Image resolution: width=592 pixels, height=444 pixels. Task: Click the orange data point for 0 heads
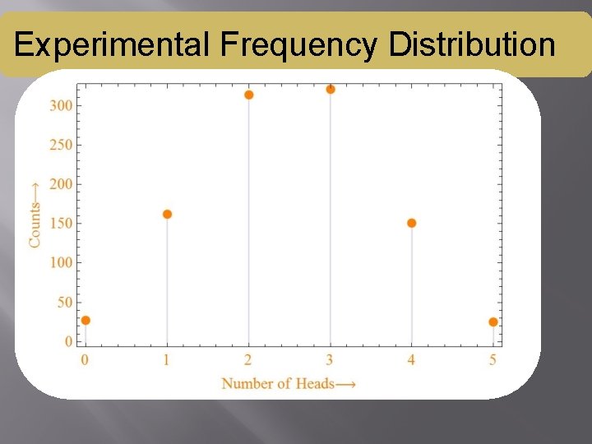coord(86,321)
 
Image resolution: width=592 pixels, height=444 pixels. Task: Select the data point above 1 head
coord(167,215)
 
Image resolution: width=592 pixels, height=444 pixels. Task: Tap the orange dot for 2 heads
coord(249,95)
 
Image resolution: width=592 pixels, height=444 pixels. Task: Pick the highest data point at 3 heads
coord(331,89)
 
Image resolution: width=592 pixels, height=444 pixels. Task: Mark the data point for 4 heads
coord(412,223)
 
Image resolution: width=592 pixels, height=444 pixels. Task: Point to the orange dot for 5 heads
coord(493,321)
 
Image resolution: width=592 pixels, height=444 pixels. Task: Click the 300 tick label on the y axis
coord(62,106)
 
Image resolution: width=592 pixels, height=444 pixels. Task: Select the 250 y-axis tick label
coord(62,146)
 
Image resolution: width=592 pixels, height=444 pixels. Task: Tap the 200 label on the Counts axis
coord(62,184)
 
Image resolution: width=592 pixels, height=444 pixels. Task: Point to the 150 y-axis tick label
coord(62,224)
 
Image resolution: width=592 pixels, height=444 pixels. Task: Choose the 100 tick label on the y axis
coord(62,263)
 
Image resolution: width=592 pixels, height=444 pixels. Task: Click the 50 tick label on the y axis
coord(64,303)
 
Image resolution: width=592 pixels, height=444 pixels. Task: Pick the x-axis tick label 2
coord(248,359)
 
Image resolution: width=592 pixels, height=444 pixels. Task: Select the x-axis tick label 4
coord(411,359)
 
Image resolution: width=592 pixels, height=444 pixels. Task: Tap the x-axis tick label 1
coord(167,359)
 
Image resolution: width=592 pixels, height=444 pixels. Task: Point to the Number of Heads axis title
coord(289,383)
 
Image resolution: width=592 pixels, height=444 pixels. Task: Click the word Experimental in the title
coord(112,44)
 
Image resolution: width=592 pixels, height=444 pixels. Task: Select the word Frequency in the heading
coord(299,44)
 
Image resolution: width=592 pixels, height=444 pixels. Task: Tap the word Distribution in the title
coord(472,44)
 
